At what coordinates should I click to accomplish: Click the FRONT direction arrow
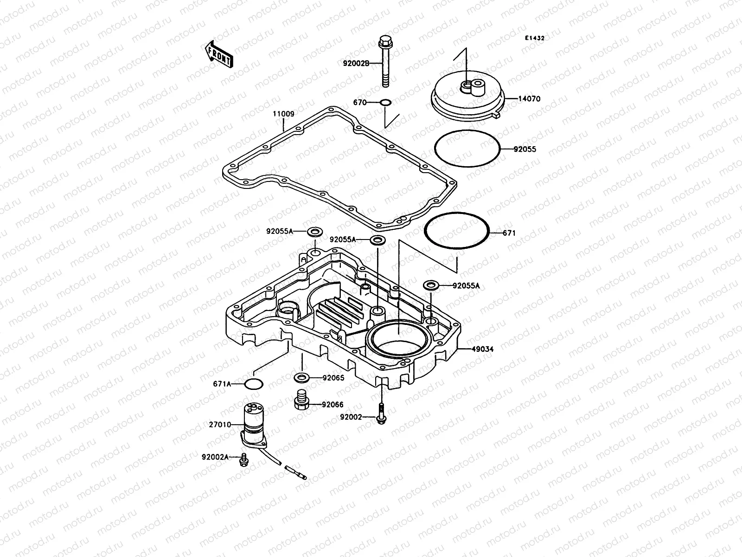(x=218, y=54)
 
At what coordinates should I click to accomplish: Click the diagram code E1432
(x=534, y=39)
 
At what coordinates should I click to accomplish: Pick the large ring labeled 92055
(x=467, y=149)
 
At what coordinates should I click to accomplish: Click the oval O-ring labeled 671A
(x=254, y=384)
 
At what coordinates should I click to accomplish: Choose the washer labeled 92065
(x=302, y=376)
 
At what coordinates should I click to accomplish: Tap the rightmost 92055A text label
(x=467, y=286)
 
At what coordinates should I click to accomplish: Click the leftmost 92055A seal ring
(x=315, y=231)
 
